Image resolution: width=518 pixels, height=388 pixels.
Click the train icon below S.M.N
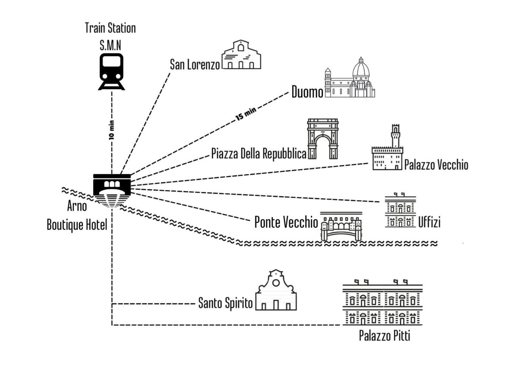111,72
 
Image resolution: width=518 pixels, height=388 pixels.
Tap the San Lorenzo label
195,65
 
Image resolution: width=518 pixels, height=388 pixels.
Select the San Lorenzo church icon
241,54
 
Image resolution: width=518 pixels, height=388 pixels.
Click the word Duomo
307,92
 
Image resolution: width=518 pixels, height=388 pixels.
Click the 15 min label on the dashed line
246,114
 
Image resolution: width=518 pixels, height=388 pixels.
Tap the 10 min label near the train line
112,130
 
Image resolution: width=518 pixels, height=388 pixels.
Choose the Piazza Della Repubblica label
259,153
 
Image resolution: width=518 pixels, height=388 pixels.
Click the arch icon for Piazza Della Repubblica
322,139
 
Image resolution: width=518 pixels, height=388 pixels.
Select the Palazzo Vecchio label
436,165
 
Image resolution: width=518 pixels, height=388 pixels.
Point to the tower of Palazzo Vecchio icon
396,136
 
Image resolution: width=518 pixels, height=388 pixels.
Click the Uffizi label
429,222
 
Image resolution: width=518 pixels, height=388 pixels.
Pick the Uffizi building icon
400,210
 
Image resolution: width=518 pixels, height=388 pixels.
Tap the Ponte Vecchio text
286,222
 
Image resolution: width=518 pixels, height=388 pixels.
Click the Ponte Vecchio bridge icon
341,226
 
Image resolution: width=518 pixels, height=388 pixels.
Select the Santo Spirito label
225,303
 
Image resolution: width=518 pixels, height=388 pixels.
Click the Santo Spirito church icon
276,290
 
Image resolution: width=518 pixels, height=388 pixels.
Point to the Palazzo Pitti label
385,335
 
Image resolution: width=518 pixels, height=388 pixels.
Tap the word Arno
77,206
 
